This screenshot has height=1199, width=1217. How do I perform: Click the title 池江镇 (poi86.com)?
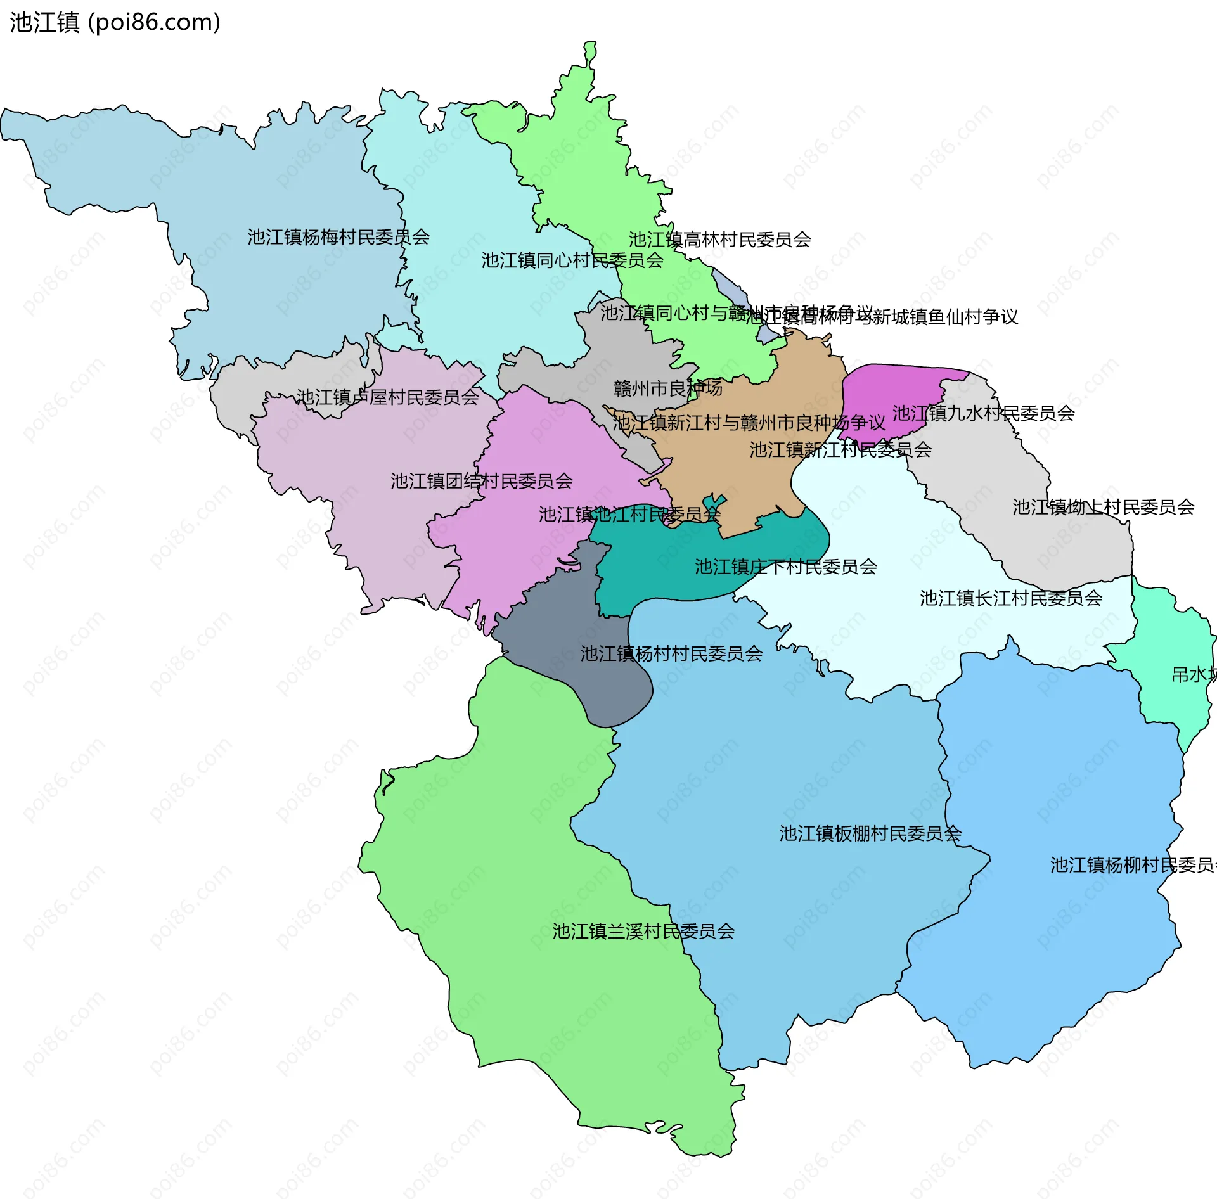(115, 22)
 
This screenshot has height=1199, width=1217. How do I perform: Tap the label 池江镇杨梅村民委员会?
(338, 237)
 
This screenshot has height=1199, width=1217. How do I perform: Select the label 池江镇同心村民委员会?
(572, 260)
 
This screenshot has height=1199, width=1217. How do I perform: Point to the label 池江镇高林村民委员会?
(719, 240)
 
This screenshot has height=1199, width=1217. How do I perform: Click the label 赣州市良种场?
(667, 388)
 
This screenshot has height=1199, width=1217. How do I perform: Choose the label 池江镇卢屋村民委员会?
(387, 397)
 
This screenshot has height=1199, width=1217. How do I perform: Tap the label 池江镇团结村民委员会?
(481, 481)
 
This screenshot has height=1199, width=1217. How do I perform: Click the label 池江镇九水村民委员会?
(983, 413)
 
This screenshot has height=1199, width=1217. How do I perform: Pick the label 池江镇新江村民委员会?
(840, 450)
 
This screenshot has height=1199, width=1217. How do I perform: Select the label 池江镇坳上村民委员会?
(1103, 507)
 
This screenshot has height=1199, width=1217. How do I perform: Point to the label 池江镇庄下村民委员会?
(785, 567)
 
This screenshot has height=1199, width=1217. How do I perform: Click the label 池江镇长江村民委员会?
(1010, 598)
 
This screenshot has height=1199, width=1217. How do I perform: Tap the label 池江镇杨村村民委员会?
(671, 653)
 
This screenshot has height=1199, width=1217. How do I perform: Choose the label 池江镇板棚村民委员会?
(870, 833)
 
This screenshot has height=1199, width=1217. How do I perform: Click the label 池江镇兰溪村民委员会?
(643, 931)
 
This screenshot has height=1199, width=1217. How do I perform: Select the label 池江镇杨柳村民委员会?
(1131, 865)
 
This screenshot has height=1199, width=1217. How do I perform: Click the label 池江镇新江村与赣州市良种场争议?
(749, 423)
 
